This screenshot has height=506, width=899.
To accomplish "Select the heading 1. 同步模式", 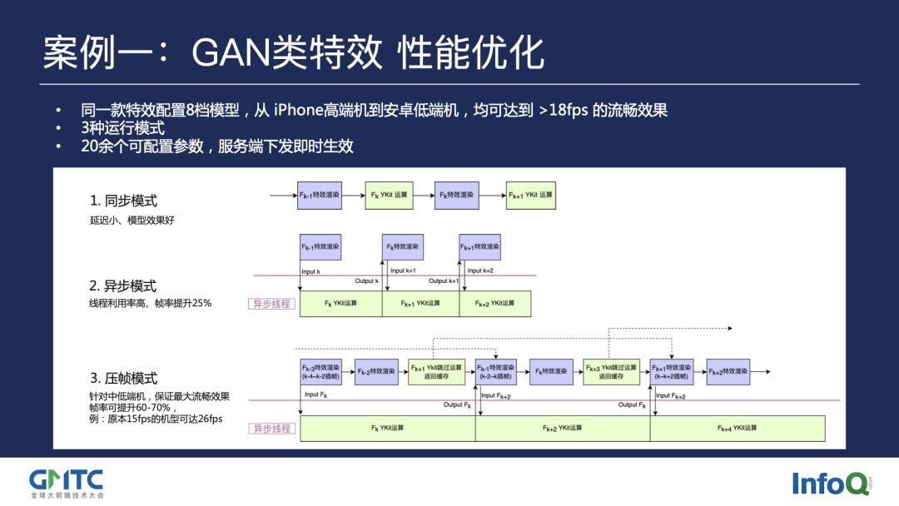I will [123, 201].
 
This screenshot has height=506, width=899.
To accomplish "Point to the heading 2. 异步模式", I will [123, 286].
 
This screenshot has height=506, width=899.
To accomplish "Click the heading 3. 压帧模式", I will [123, 379].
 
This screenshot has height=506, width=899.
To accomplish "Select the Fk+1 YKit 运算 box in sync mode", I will [531, 196].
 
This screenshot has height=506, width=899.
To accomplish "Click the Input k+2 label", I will [480, 270].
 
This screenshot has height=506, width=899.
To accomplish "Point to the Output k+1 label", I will [444, 281].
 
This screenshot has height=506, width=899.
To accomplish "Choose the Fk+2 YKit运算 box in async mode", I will [495, 304].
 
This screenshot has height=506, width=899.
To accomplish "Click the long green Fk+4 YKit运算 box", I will [738, 428].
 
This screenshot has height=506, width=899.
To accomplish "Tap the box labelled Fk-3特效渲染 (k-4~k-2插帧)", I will [320, 372].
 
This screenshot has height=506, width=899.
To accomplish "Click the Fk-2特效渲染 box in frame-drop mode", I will [377, 371].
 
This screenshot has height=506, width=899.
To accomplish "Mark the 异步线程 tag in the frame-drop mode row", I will [271, 429].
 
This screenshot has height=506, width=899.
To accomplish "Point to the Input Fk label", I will [316, 394].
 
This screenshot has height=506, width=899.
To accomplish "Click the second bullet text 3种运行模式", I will [122, 128].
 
